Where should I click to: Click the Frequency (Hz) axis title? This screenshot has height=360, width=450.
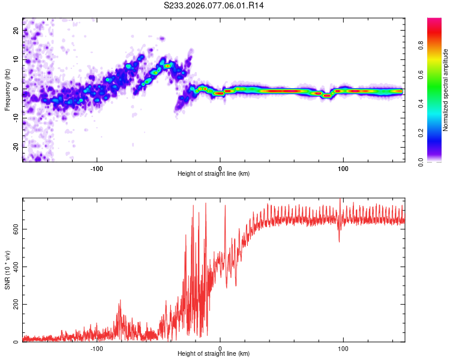7,90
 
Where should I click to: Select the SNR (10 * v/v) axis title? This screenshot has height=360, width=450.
7,270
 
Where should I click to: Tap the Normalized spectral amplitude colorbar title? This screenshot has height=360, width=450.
446,90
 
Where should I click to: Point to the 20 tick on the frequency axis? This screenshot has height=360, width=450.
16,30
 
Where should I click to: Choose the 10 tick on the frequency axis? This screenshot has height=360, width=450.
16,59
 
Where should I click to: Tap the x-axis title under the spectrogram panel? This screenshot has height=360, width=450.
214,174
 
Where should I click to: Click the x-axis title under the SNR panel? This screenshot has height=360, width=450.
214,354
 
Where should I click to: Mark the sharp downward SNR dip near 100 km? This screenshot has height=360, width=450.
340,241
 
